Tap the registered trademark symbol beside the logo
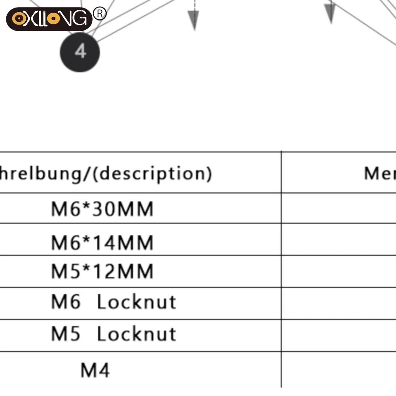pos(100,14)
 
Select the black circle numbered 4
pos(80,52)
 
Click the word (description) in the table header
pos(154,173)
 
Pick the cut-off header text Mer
pos(379,173)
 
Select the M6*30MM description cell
pos(102,209)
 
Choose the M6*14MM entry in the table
pos(102,242)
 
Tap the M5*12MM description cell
pos(102,271)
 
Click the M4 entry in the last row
pos(95,370)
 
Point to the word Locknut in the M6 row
pos(137,302)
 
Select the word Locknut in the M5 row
pos(137,334)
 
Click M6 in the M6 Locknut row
pos(66,302)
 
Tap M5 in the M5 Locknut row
pos(66,334)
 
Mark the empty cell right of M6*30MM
pos(339,208)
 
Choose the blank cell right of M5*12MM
pos(339,271)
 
